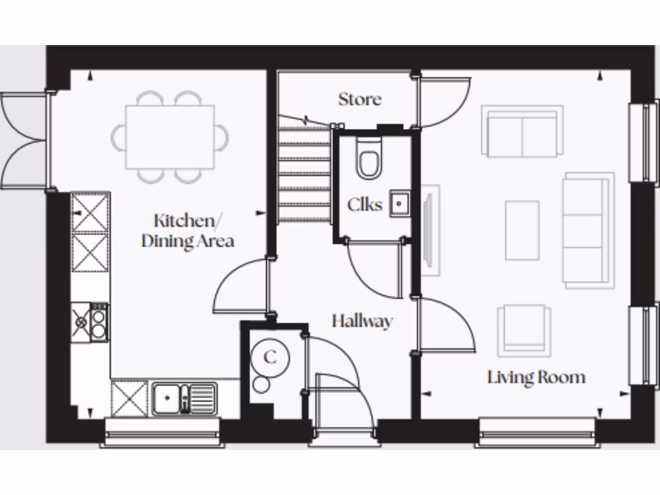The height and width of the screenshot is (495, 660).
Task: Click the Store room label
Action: point(360,99)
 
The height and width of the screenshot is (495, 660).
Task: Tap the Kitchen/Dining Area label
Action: point(187,231)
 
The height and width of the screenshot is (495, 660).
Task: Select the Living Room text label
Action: point(536,377)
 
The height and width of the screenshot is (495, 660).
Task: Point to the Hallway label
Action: point(362,320)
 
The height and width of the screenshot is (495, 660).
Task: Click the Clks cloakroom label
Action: point(364,205)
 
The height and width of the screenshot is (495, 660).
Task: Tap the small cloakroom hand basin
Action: point(400,204)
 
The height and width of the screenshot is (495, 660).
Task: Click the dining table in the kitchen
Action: point(170,137)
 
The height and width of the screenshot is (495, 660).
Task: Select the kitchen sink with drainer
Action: point(184,398)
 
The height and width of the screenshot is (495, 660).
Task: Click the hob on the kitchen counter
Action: point(91,323)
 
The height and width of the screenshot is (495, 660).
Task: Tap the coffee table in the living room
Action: point(522,229)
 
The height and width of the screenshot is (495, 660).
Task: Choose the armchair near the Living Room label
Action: point(523,330)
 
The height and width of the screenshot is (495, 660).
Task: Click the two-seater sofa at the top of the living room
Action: point(522,132)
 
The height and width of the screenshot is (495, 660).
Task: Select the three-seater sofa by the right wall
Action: point(588,230)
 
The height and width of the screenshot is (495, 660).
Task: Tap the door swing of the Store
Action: point(445,103)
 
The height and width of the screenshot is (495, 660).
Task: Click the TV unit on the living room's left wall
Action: point(430,230)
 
